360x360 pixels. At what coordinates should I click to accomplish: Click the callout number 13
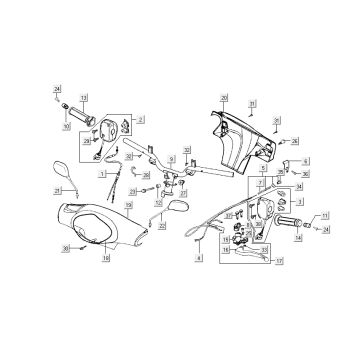click(x=84, y=97)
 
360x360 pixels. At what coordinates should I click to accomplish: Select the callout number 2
click(x=141, y=118)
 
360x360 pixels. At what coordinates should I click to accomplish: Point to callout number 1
click(x=102, y=173)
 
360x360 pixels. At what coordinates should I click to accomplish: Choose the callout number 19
click(x=128, y=204)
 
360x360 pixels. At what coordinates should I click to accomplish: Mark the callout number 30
click(x=66, y=248)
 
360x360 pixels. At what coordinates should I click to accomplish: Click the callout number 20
click(x=224, y=96)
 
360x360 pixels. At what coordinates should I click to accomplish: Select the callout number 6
click(x=306, y=161)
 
